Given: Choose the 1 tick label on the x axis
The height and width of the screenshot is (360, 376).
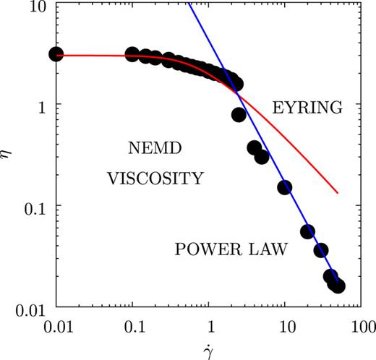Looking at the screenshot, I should (x=209, y=326).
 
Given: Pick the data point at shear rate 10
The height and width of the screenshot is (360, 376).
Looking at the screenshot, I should (x=285, y=187).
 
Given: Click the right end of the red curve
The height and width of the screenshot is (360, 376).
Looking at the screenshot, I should (x=338, y=193).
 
